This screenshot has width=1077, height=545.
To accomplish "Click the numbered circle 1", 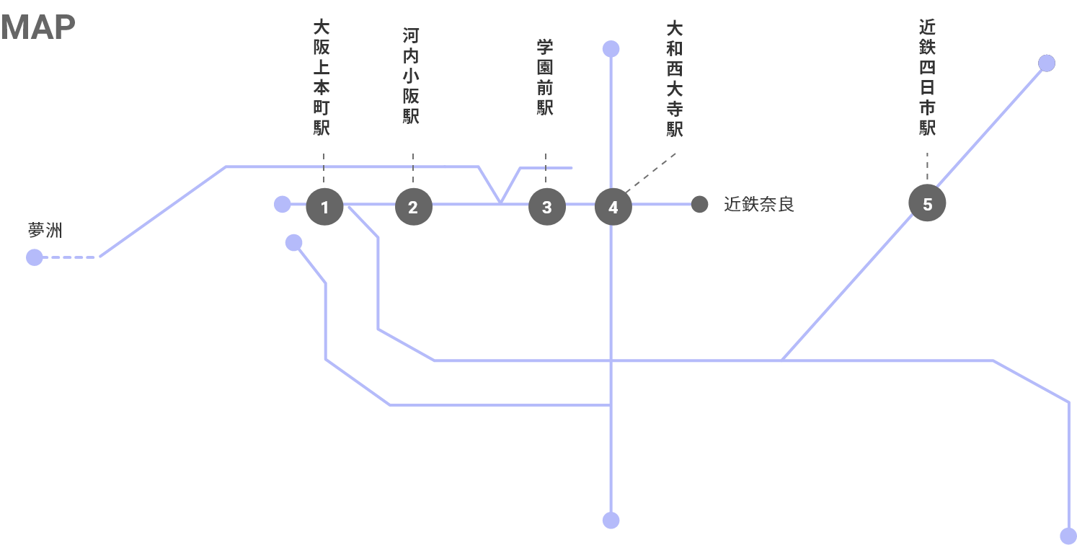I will click(x=324, y=208).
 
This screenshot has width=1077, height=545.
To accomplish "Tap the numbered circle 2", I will click(x=413, y=208).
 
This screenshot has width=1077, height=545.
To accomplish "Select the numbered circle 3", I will click(x=546, y=208).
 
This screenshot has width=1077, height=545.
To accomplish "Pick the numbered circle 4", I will click(x=613, y=208).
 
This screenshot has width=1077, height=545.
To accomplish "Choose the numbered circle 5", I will click(x=927, y=204).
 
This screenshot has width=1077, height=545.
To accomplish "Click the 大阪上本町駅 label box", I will click(x=322, y=76).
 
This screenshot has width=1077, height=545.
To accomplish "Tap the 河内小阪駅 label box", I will click(x=411, y=76).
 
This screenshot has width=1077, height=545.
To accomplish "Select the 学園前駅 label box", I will click(x=545, y=76).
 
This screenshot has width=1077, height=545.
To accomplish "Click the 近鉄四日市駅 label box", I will click(x=927, y=76).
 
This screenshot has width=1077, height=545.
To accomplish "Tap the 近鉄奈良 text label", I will click(x=758, y=205).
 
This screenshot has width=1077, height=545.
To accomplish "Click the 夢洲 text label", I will click(x=45, y=231).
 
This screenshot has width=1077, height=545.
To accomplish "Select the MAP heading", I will click(x=38, y=27).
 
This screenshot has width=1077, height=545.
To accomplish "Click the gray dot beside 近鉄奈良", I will click(x=699, y=204).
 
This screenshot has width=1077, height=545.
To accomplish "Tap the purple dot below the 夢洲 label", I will click(x=34, y=257).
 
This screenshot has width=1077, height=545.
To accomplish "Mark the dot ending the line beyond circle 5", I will click(x=1047, y=63).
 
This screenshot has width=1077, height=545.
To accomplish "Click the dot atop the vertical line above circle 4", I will click(x=611, y=49).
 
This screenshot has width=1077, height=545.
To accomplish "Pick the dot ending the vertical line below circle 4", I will click(x=611, y=520).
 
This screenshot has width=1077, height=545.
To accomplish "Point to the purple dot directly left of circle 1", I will click(x=283, y=205).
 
